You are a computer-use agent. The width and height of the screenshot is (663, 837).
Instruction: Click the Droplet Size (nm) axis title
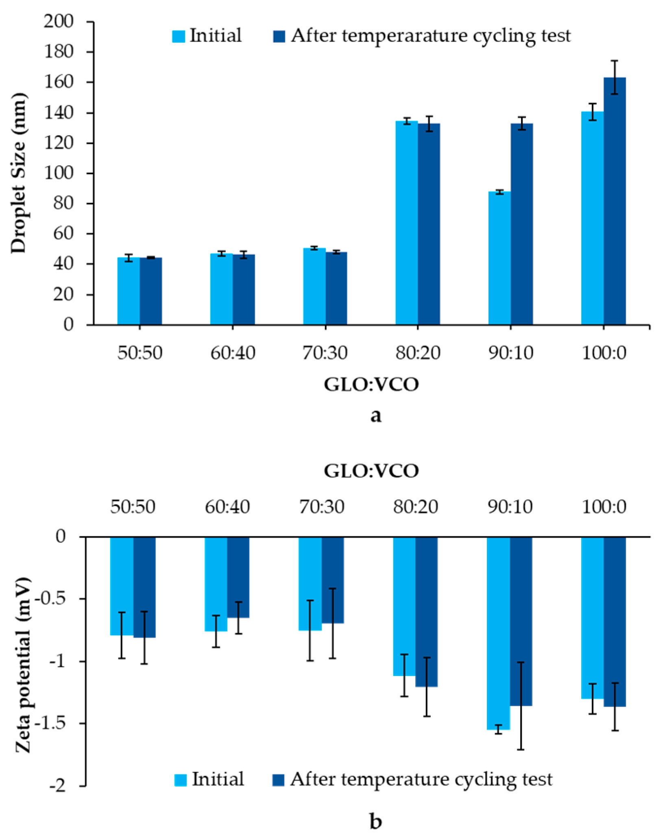click(18, 173)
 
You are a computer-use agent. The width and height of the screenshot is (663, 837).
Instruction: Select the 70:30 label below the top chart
click(325, 352)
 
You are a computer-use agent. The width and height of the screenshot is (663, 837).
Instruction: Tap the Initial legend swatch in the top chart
click(179, 36)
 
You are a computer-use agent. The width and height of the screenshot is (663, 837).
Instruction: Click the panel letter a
click(375, 415)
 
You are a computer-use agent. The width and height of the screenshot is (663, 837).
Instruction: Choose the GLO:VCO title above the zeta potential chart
click(371, 471)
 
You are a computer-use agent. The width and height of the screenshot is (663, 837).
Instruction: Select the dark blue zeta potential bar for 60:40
click(238, 577)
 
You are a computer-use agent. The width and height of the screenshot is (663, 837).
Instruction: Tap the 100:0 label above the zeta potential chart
click(604, 507)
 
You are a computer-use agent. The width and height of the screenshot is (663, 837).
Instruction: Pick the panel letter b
click(375, 821)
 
